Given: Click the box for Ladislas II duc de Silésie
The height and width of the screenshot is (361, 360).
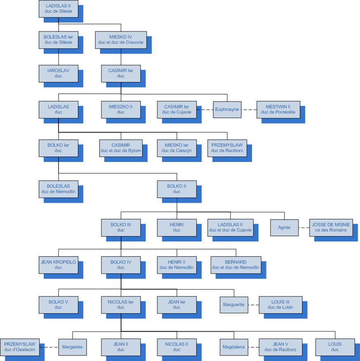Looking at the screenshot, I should point(58,9).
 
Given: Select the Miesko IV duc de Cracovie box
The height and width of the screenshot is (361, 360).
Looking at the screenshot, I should point(121,40).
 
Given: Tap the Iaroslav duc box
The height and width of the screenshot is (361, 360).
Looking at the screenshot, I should point(58,73).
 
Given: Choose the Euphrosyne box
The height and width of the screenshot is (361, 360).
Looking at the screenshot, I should point(227,110).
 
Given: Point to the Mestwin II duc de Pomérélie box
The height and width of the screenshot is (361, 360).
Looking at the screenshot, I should point(278,110).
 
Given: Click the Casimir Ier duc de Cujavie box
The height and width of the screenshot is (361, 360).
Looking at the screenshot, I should point(177,110).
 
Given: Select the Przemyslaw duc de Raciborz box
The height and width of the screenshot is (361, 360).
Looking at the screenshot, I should point(227,148).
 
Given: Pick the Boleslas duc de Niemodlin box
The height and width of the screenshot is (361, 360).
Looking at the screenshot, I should point(58,189).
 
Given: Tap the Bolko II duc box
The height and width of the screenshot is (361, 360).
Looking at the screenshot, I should point(177,189).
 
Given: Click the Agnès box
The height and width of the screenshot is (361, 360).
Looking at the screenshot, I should point(284,227).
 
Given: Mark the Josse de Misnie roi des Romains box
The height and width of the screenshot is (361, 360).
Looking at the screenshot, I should point(331,227).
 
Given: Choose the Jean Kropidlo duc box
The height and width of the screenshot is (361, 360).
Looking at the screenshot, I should point(58,265).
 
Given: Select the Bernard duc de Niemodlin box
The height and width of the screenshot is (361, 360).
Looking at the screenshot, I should point(236,265).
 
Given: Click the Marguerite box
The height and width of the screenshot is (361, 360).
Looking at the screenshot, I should point(234,305).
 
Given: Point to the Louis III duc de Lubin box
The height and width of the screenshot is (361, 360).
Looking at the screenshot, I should point(281,305).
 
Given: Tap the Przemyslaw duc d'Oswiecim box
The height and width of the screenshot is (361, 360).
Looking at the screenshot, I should point(20,347).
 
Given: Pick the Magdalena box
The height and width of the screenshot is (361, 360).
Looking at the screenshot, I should point(234,347).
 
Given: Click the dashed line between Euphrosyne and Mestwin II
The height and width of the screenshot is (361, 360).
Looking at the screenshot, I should point(249,110).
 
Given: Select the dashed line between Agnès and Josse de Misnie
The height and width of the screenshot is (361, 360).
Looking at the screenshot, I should point(304,227).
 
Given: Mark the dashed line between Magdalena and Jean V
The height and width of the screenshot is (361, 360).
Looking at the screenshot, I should point(253,347).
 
